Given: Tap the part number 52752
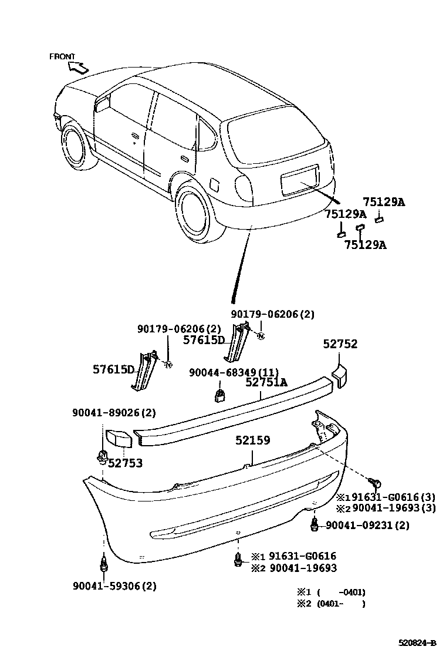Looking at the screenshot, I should (340, 344).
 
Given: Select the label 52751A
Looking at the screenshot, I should (266, 382).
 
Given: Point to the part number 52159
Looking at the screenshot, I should (253, 440).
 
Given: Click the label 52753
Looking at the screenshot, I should (125, 463).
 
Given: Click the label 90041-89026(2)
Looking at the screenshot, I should (114, 413).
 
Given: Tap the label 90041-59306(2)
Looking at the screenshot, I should (115, 585).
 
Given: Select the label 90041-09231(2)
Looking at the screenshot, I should (367, 525).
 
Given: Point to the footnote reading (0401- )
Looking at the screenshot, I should (341, 603).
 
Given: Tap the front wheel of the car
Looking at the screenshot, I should (76, 146).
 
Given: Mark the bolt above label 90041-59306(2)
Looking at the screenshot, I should (104, 566).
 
